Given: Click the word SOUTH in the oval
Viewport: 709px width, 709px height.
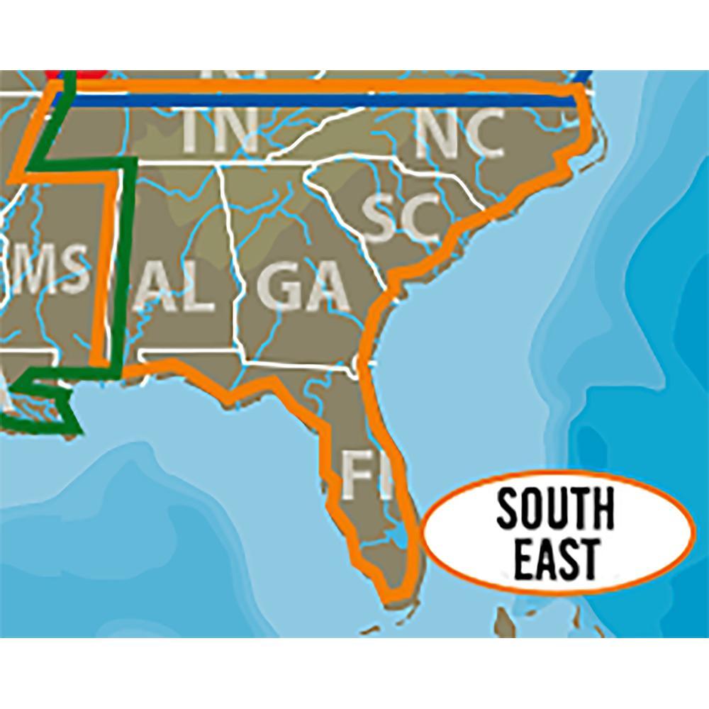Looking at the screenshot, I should [x=554, y=510].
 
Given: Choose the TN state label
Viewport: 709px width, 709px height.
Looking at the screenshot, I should [x=220, y=131].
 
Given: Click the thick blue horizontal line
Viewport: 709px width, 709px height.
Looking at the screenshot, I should [x=319, y=100].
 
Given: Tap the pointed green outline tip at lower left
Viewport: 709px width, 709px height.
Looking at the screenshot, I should [x=78, y=428].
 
